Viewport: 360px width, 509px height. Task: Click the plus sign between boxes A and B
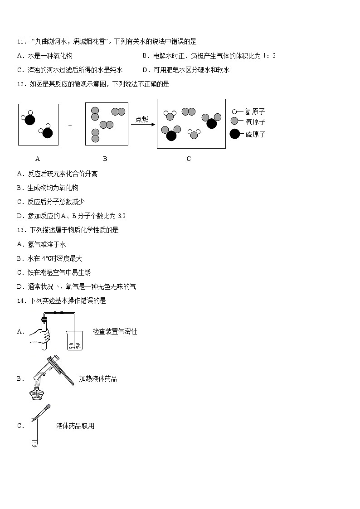click(70, 126)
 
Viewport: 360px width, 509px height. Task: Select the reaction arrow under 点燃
click(142, 125)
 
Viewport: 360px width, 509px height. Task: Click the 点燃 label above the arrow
click(142, 119)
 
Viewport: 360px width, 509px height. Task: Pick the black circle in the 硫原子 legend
click(235, 134)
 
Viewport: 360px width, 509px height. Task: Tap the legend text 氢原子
click(255, 111)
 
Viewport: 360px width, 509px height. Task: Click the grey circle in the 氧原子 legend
click(235, 122)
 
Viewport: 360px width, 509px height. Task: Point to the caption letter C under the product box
click(189, 159)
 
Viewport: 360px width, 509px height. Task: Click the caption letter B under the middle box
click(105, 159)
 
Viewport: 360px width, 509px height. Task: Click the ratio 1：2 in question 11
click(268, 56)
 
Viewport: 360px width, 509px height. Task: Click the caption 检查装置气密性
click(115, 332)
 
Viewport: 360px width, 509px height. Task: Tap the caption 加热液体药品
click(98, 378)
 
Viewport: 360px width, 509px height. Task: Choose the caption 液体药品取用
click(75, 426)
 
